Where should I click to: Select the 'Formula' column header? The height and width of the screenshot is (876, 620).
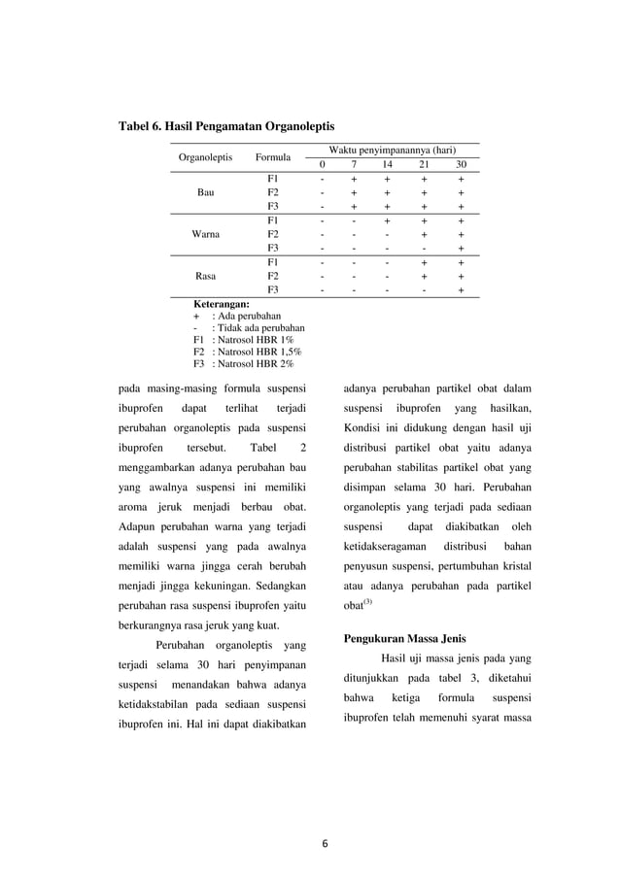coord(273,157)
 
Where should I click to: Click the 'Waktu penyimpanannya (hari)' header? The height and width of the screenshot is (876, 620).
coord(392,151)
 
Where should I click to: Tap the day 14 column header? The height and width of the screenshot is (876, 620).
coord(386,165)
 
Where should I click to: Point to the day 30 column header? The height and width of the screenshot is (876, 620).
coord(461,165)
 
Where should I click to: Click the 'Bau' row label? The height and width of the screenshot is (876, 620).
coord(206,192)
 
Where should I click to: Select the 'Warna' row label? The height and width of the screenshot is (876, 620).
coord(206,234)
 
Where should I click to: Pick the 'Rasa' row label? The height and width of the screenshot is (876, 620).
coord(206,276)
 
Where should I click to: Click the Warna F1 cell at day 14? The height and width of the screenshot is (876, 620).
coord(386,220)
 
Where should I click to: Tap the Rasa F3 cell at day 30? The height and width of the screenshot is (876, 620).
coord(461,289)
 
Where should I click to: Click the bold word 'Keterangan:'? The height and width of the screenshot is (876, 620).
coord(223,304)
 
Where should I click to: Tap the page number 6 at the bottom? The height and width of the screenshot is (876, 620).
coord(326,842)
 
